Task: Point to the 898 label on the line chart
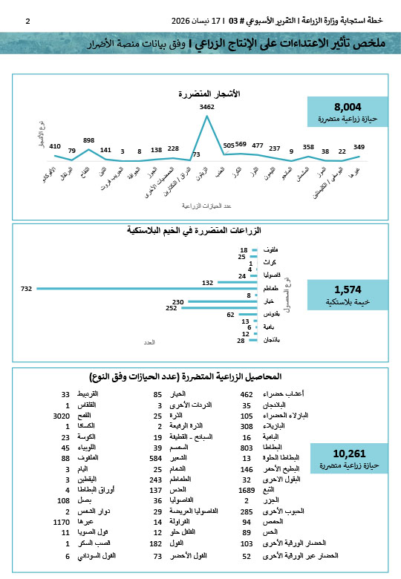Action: point(89,140)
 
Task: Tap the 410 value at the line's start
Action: point(55,145)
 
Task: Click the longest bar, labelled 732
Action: point(149,288)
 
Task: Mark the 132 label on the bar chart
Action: point(207,282)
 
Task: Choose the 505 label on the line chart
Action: point(229,145)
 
